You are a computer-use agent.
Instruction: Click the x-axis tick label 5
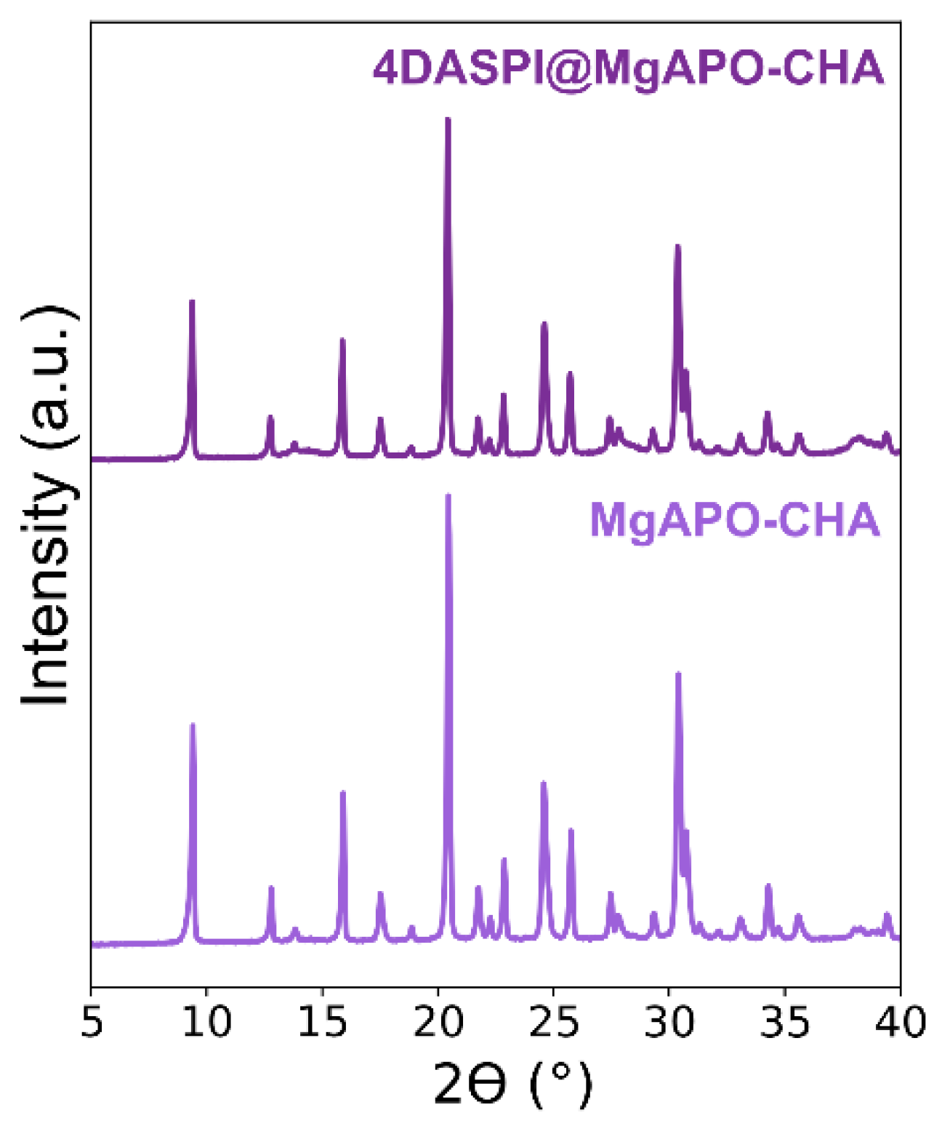91,1022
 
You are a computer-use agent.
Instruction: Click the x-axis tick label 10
206,1022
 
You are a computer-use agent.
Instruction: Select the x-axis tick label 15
322,1022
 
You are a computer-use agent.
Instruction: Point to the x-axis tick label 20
438,1022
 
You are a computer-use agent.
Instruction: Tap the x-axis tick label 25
553,1022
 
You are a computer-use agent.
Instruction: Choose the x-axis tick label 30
669,1022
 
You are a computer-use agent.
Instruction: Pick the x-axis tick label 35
784,1022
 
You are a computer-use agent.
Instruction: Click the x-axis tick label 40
900,1022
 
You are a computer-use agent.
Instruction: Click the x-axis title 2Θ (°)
512,1084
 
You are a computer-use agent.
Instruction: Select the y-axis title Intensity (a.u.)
47,506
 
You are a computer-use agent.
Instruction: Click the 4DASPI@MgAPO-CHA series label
629,69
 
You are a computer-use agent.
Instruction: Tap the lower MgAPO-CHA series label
734,520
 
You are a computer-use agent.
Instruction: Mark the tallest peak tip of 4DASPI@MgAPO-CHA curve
448,119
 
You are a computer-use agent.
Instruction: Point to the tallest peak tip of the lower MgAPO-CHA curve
448,496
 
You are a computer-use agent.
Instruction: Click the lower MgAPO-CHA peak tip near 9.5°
193,725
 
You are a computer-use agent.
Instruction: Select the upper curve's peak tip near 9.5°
192,301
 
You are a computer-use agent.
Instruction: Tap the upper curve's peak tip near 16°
342,340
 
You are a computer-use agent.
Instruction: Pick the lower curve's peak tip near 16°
343,792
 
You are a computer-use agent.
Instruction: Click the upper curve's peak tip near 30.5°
677,246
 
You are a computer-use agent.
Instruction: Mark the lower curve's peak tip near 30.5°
678,674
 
